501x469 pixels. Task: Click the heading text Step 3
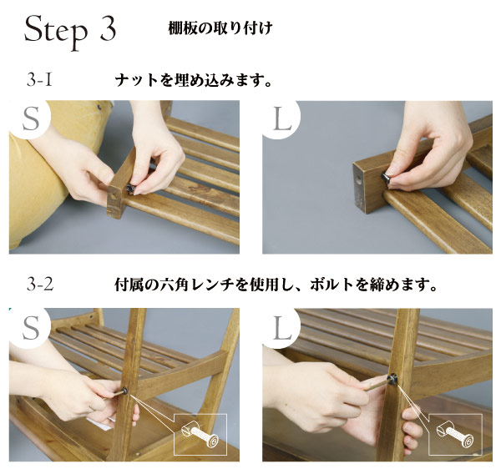[70, 31]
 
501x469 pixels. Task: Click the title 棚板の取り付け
[220, 28]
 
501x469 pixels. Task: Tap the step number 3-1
[39, 80]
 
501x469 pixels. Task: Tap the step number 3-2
[40, 284]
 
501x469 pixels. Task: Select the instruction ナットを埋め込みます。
[194, 80]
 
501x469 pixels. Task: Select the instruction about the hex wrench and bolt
[276, 285]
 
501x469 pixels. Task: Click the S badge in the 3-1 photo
[31, 119]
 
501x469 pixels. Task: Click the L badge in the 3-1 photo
[282, 119]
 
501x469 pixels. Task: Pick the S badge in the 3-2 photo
[31, 328]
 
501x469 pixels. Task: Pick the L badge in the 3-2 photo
[282, 328]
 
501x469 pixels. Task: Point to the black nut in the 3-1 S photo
[130, 189]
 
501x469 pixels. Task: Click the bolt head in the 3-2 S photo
[125, 391]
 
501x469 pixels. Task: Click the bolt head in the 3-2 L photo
[391, 379]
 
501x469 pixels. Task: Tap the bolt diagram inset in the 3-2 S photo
[200, 434]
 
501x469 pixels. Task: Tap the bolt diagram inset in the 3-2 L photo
[455, 434]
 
